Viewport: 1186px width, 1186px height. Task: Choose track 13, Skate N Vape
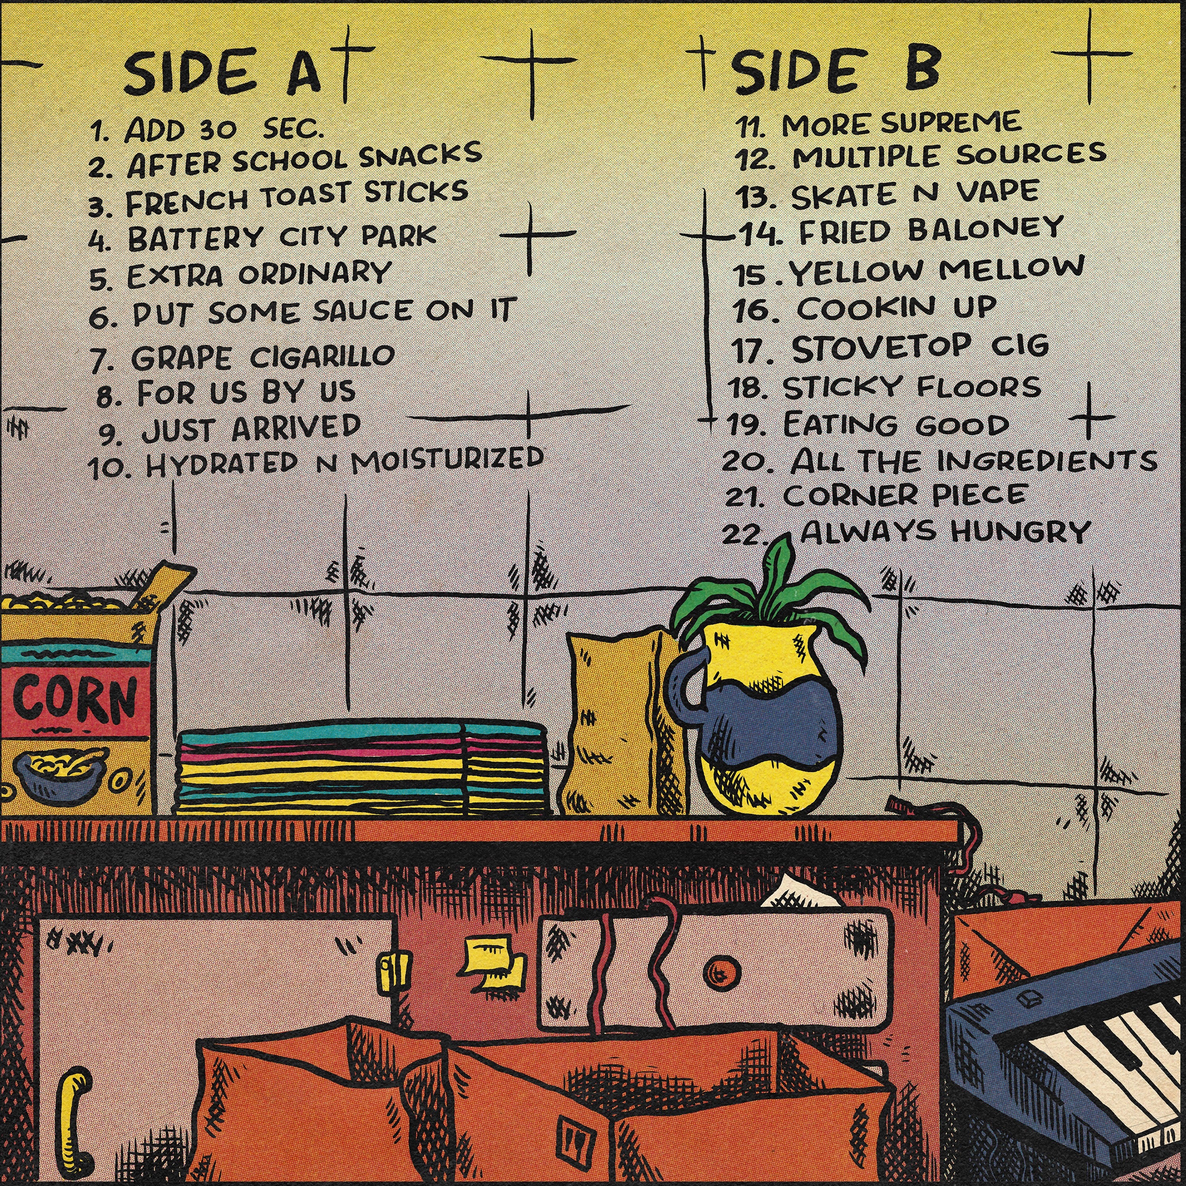(x=886, y=194)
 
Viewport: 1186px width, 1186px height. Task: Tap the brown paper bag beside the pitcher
(x=620, y=722)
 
